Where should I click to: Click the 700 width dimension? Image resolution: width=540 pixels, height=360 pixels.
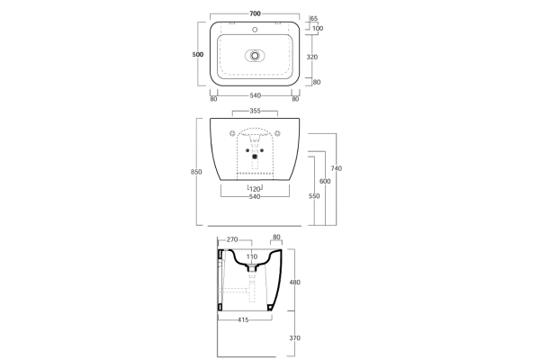point(255,13)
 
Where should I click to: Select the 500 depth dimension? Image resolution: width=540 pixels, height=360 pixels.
point(198,54)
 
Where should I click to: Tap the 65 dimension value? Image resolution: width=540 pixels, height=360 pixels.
point(314,19)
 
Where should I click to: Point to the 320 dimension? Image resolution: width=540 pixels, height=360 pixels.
point(312,58)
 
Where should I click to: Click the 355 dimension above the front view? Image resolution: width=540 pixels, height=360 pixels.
point(255,111)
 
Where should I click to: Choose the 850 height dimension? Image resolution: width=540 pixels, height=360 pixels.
point(196,172)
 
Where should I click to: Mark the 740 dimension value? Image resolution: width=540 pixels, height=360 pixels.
point(336,168)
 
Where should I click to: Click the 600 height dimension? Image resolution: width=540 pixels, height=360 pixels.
point(325,181)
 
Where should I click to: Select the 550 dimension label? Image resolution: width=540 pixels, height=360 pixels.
point(314,196)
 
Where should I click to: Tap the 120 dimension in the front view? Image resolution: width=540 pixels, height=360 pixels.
point(255,189)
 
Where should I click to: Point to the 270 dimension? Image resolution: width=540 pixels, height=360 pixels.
point(232,239)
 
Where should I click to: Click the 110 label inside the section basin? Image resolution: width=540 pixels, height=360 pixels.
point(252,256)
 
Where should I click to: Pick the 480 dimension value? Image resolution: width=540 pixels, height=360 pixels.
point(295,282)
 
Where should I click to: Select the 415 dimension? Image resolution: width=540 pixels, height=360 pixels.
point(243,320)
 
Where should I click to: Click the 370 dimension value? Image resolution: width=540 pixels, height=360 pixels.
point(295,338)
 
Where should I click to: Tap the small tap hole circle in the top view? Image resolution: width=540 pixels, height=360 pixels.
point(255,30)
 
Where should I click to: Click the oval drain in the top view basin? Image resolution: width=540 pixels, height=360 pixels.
point(255,56)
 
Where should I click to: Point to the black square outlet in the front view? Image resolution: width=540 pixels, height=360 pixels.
point(255,157)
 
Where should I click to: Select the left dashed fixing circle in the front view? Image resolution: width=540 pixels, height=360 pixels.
point(232,132)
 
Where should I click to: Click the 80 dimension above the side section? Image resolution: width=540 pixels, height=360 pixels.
point(276,237)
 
